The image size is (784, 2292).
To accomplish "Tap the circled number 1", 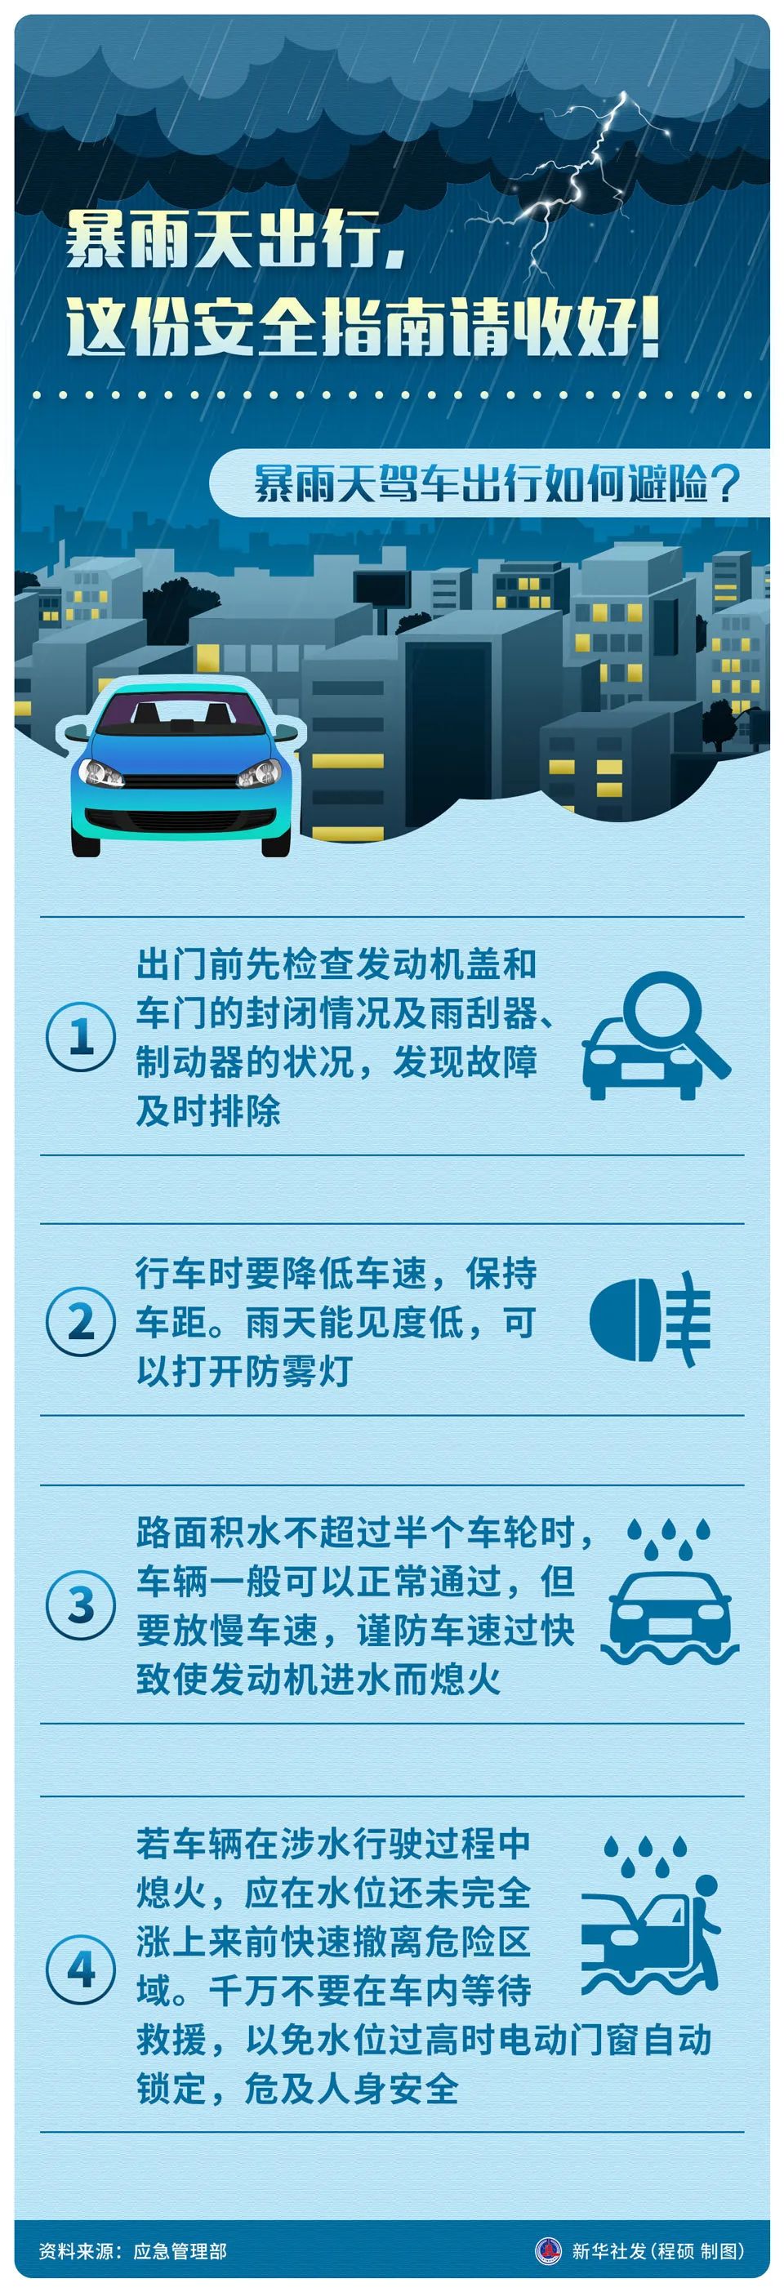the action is click(81, 1036).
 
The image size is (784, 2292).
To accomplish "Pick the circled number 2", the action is click(81, 1322).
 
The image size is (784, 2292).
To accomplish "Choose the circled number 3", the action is click(81, 1605).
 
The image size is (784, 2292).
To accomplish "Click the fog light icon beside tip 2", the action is click(649, 1319).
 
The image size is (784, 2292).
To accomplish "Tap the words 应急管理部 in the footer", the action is click(180, 2251).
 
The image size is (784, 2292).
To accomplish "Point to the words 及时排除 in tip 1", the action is click(208, 1110).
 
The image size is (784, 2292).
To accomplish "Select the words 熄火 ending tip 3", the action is click(465, 1679).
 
